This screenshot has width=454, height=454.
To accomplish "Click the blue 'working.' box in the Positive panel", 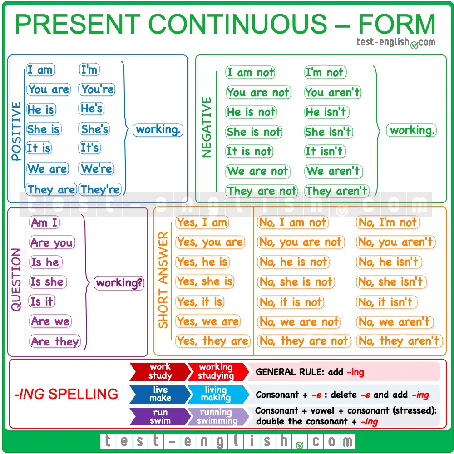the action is (158, 130).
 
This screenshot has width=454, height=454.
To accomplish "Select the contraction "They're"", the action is (100, 190).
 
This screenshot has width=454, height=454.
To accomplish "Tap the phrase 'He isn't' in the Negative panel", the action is (327, 112).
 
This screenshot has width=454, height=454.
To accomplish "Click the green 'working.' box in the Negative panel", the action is (411, 131).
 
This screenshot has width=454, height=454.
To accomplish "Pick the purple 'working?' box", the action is (119, 283).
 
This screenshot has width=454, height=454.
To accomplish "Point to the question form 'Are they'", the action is (55, 341).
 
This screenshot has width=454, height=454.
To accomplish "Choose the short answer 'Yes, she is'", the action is (205, 281).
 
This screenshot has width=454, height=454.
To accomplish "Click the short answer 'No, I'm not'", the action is (388, 222).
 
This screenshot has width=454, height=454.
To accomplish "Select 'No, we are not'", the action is (299, 322).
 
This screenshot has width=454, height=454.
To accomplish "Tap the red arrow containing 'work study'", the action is (160, 371).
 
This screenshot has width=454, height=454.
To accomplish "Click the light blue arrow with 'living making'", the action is (218, 394).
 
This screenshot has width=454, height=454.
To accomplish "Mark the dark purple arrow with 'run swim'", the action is (160, 417).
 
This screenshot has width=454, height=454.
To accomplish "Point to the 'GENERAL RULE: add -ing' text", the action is (310, 372).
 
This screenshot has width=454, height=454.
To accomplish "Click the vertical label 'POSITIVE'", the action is (16, 131).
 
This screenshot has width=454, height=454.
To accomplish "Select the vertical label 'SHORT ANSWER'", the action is (163, 280).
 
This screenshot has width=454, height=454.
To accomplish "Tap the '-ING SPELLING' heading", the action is (66, 394).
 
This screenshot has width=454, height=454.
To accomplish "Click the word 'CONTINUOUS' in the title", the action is (237, 24).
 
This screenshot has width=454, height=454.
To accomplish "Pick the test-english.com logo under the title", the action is (396, 43).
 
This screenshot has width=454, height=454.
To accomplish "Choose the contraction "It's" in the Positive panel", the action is (89, 148).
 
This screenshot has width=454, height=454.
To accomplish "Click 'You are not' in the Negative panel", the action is (258, 93).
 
